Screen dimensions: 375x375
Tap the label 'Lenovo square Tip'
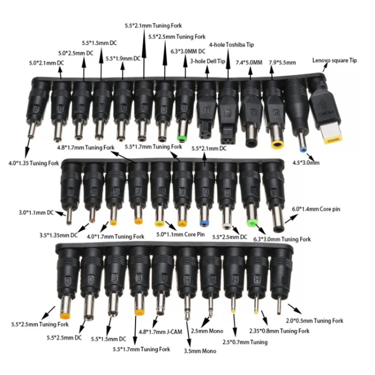click(334, 60)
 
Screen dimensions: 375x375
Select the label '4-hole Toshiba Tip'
click(231, 45)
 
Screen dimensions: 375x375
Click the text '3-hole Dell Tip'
click(207, 61)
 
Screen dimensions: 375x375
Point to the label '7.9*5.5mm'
click(282, 63)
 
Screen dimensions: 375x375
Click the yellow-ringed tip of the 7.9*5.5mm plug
click(278, 145)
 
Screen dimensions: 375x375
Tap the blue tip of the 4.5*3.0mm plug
click(303, 150)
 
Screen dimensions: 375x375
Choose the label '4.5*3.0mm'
click(306, 163)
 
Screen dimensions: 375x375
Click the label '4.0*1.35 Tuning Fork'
click(34, 163)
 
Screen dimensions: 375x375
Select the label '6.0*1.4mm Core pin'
click(316, 209)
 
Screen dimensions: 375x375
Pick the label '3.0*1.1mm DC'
click(36, 212)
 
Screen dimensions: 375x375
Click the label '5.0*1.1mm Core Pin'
click(181, 234)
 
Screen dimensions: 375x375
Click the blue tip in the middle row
click(204, 224)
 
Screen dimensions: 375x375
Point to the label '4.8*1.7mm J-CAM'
click(161, 332)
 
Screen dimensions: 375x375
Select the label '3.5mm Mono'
click(200, 351)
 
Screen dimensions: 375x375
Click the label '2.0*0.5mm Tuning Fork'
click(315, 321)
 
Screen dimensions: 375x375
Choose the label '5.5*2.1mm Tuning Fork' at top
click(153, 26)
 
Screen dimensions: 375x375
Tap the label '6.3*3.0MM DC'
click(188, 51)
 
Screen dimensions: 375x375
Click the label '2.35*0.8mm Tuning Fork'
click(279, 331)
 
